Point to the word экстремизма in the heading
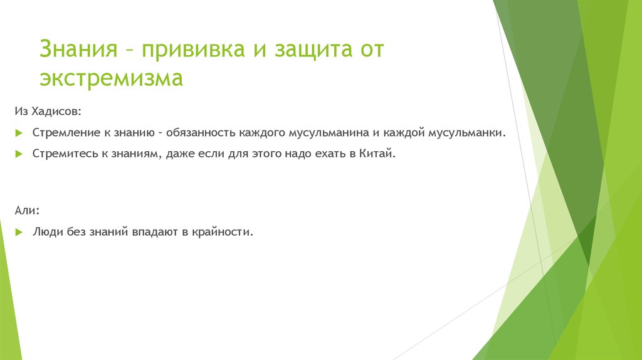pos(111,79)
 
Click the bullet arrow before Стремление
pos(19,134)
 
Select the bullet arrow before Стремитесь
pos(19,154)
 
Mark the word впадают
pos(155,232)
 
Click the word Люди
pos(46,232)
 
